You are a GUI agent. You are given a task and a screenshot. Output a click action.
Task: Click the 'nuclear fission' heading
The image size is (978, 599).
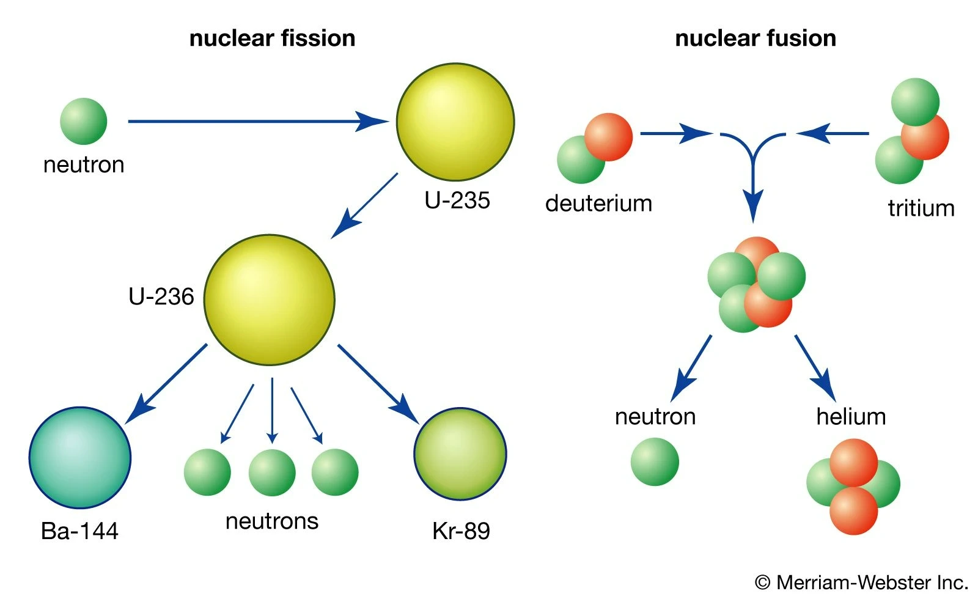[272, 39]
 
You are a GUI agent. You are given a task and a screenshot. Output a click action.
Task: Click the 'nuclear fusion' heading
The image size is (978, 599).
[755, 39]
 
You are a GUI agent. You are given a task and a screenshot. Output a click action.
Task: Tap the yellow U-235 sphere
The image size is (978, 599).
[455, 122]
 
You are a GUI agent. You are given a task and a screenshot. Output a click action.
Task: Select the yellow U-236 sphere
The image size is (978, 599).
[270, 299]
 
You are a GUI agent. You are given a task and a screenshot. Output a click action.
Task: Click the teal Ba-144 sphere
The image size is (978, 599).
[80, 457]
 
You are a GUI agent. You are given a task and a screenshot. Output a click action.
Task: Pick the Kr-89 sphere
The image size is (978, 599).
[460, 454]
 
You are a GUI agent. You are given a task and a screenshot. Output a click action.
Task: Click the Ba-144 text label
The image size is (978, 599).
[79, 531]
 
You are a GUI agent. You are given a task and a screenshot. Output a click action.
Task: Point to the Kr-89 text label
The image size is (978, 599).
[461, 531]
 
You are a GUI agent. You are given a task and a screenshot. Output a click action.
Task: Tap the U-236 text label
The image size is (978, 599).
[161, 296]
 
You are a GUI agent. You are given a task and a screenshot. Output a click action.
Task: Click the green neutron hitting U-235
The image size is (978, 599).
[84, 121]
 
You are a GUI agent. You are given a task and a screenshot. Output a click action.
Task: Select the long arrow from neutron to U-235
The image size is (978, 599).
[257, 121]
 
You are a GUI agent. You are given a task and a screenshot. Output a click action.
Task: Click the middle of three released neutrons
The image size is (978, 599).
[272, 472]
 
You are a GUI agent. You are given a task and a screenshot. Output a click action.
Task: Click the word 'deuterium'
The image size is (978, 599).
[598, 203]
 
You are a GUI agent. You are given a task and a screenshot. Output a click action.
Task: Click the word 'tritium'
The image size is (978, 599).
[921, 208]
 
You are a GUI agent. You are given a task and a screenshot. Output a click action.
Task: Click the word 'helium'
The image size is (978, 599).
[851, 417]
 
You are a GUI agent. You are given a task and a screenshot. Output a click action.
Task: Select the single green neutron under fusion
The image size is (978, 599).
[655, 461]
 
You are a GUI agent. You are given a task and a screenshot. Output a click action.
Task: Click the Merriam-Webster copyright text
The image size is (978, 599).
[861, 582]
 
